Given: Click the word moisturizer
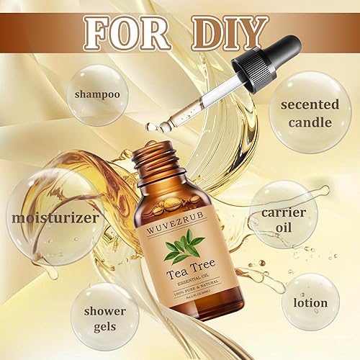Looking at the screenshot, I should [45, 216].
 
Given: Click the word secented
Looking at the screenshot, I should [310, 104].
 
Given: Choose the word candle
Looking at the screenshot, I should [310, 122].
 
